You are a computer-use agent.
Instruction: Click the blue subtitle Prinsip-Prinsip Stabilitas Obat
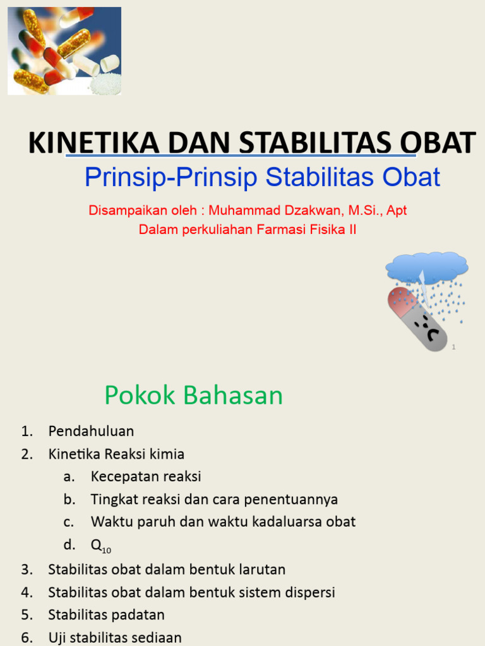262,177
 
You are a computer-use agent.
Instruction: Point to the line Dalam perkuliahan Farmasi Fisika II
248,230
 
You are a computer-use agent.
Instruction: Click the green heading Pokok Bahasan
193,396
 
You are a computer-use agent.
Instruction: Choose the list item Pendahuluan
91,431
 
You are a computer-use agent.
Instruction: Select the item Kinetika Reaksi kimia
116,454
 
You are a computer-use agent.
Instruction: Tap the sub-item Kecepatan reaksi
146,476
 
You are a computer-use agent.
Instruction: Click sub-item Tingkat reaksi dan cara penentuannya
214,499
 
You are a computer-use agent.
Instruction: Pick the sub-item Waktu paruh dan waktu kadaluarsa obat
223,522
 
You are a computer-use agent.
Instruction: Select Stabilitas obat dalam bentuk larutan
167,569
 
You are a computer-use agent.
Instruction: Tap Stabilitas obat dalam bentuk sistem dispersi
191,592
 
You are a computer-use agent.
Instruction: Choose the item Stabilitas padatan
106,615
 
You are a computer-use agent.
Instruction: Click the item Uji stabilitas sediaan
115,638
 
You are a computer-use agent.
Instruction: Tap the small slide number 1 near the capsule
453,347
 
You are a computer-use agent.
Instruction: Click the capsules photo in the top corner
64,51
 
